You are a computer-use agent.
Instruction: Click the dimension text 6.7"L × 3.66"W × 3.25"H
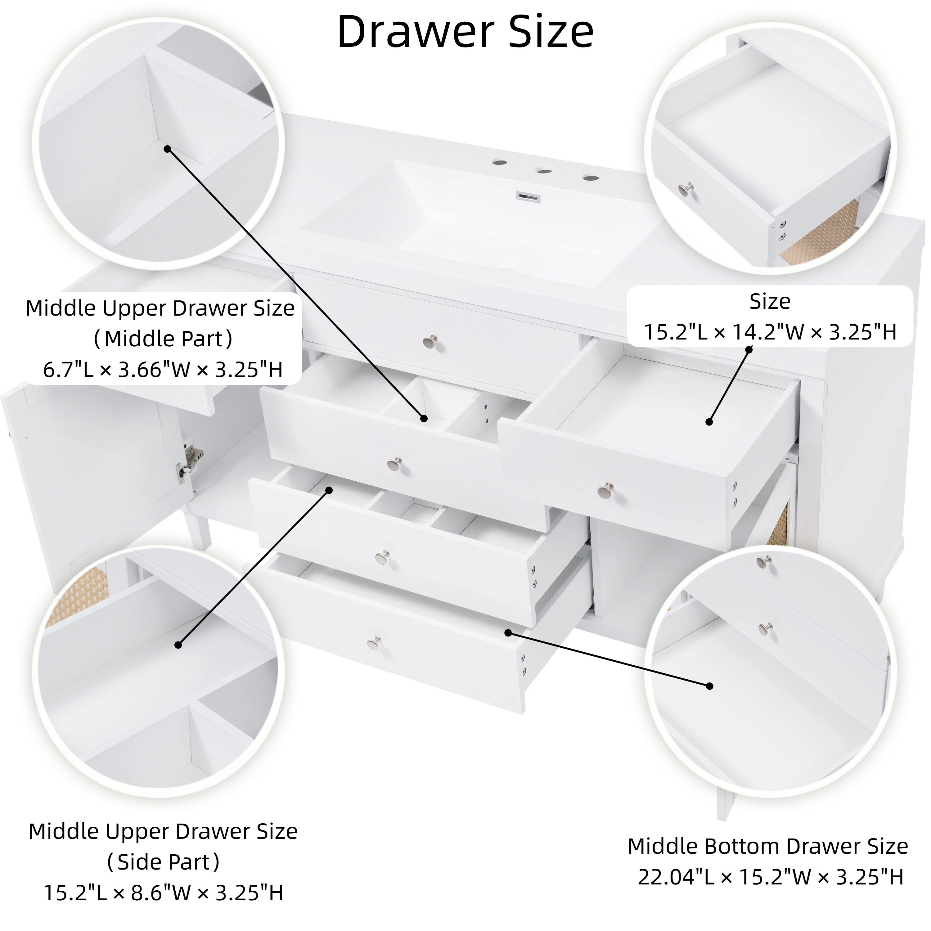click(x=163, y=370)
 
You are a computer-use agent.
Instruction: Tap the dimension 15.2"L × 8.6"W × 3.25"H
click(x=163, y=893)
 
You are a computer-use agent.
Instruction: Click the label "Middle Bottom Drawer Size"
click(x=768, y=846)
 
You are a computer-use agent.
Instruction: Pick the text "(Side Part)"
click(x=163, y=862)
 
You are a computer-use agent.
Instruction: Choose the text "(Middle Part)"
click(x=163, y=339)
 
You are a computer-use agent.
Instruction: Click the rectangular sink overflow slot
click(x=528, y=197)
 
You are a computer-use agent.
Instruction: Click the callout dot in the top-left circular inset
click(x=167, y=149)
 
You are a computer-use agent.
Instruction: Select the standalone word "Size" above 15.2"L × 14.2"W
click(x=770, y=302)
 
